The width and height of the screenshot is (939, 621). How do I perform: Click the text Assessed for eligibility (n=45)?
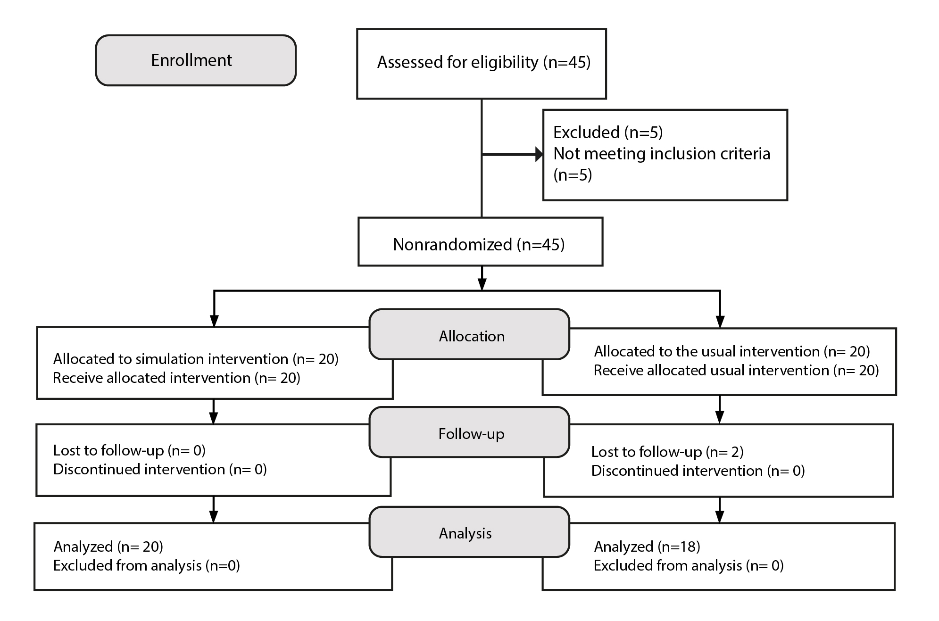point(484,62)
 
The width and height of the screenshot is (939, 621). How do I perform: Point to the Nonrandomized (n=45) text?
point(479,244)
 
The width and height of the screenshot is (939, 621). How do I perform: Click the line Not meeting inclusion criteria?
point(662,154)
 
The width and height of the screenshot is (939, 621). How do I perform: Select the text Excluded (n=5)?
point(608,132)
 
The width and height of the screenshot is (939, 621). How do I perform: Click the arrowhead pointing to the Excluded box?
point(539,154)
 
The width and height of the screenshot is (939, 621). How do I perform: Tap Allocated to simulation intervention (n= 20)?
point(196,359)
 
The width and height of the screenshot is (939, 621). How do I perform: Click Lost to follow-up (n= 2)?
point(667,452)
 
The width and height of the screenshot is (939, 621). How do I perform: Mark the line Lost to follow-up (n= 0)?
point(129,450)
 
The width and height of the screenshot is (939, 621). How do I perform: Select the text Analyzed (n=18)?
point(647,546)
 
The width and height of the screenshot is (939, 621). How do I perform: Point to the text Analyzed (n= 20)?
point(108,546)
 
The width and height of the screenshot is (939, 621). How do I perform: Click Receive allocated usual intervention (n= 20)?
point(736,370)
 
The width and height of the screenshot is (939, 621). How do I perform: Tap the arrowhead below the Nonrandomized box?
point(482,284)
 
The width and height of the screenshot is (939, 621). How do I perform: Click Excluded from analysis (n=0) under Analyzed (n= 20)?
point(147,565)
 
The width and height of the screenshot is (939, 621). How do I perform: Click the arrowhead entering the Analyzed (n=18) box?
point(719,517)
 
